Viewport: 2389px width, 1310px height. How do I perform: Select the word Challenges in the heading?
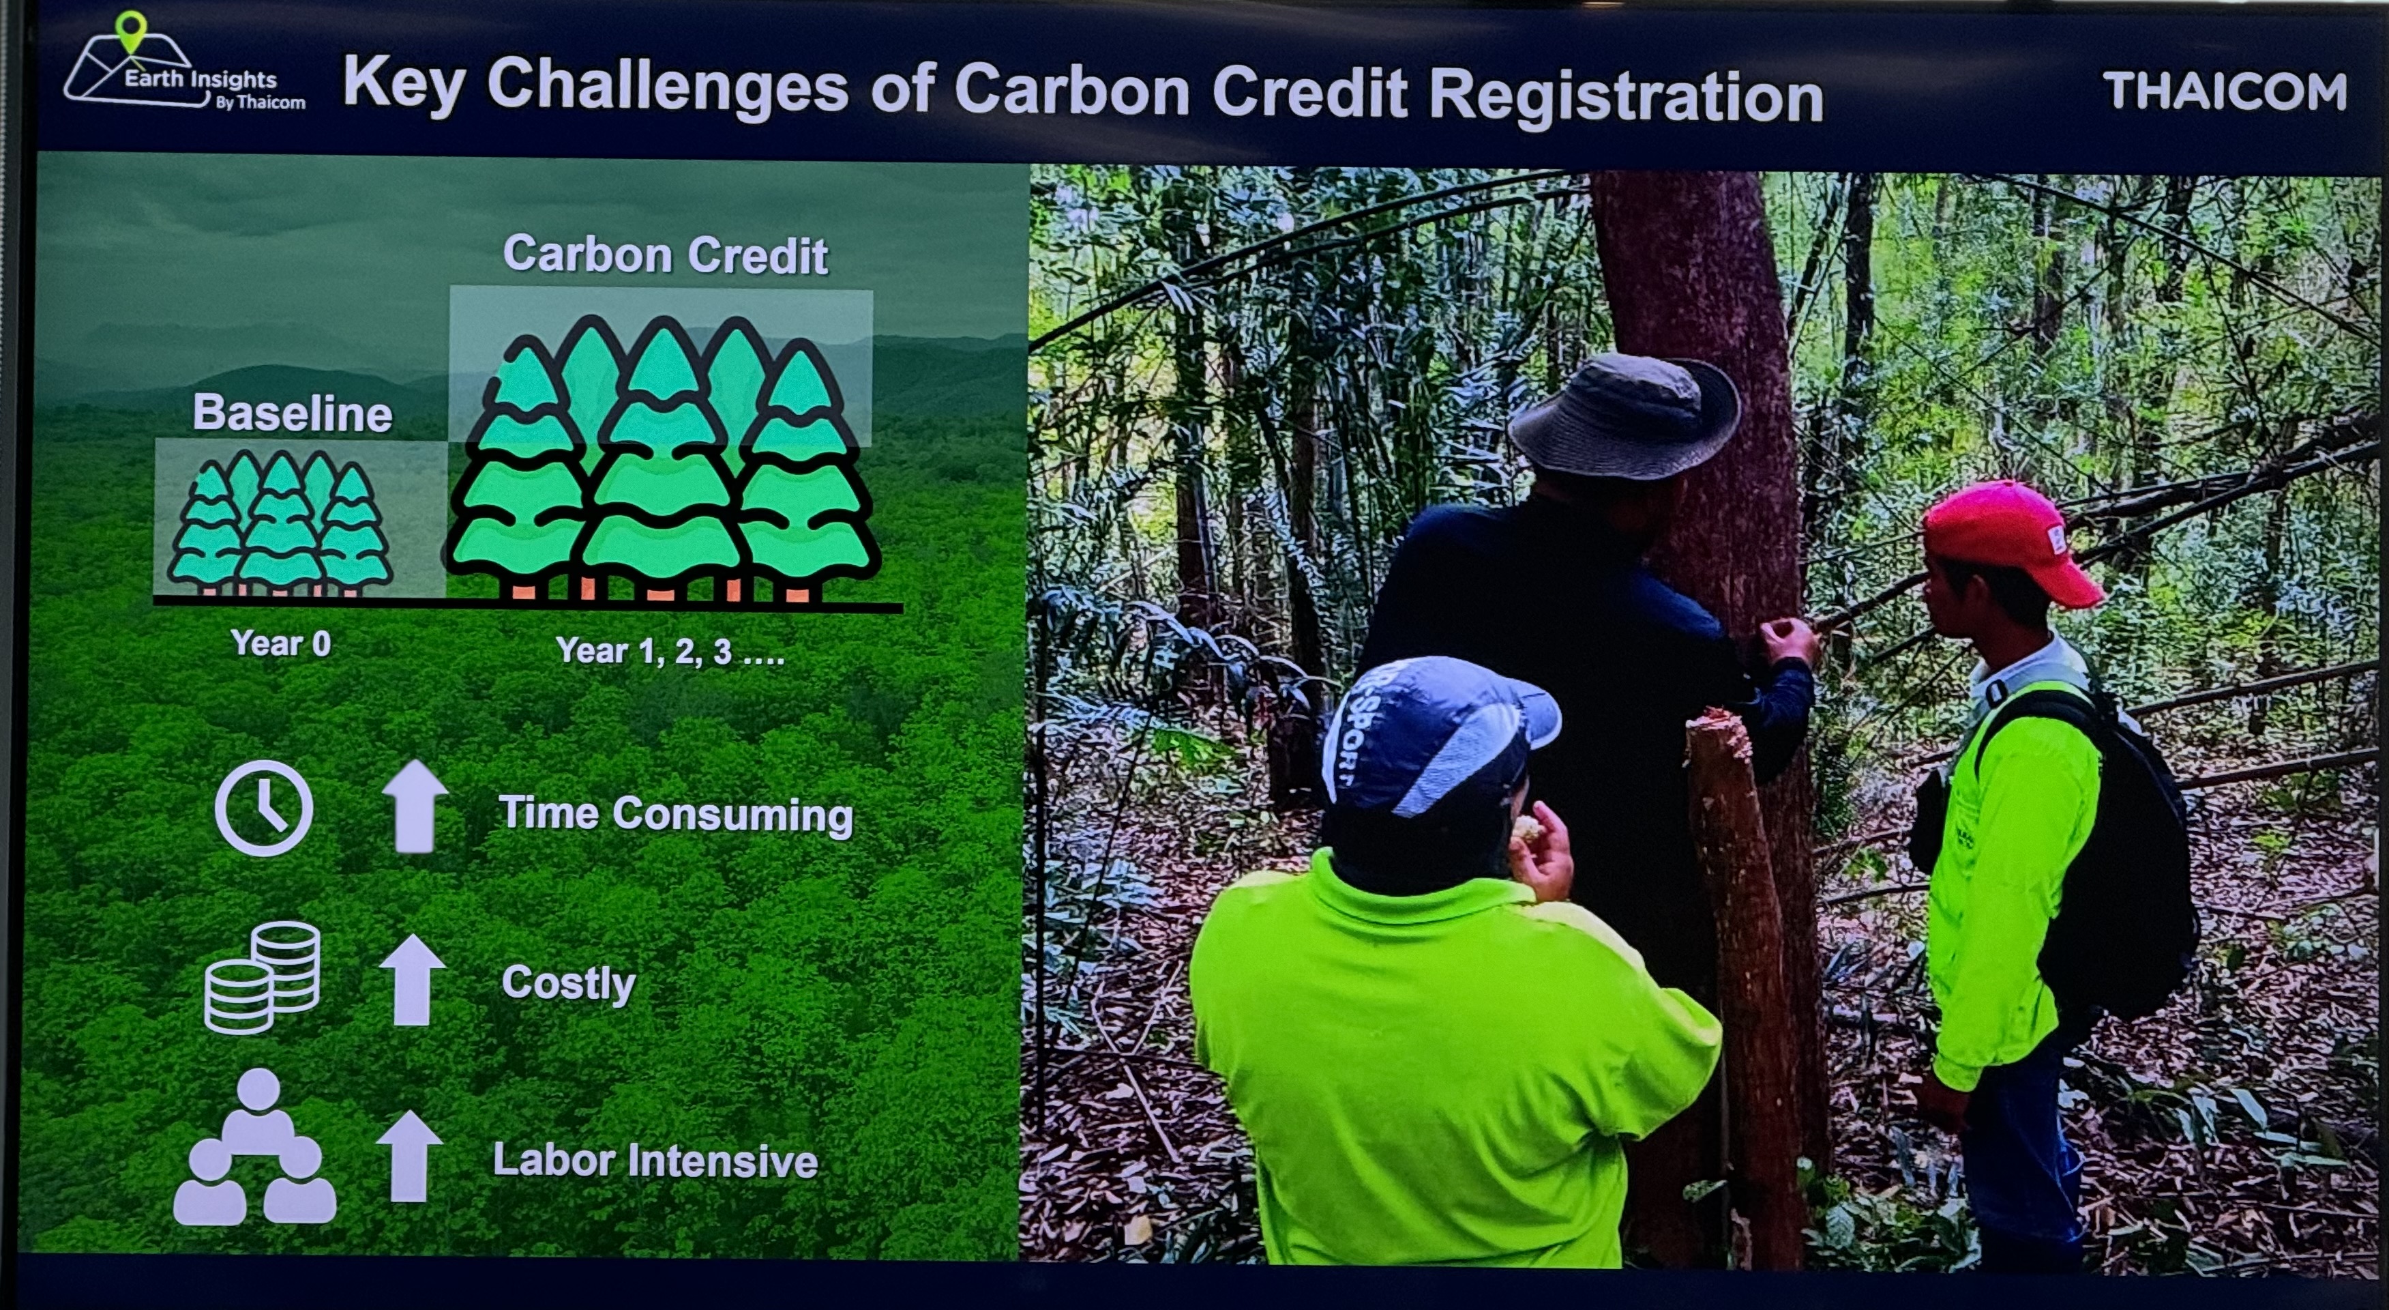coord(668,88)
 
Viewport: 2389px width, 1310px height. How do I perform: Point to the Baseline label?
coord(292,413)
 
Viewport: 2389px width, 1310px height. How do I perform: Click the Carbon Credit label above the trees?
coord(665,254)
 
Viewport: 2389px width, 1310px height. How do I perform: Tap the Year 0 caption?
coord(281,643)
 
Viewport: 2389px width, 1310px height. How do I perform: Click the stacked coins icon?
coord(263,978)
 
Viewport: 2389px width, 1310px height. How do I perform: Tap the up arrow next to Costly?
coord(413,980)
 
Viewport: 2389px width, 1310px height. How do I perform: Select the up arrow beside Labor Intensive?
coord(409,1156)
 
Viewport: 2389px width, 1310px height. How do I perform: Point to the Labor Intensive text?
coord(655,1160)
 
